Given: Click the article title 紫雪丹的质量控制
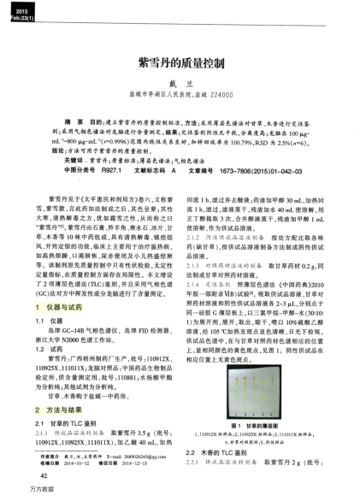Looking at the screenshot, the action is [180, 66].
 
